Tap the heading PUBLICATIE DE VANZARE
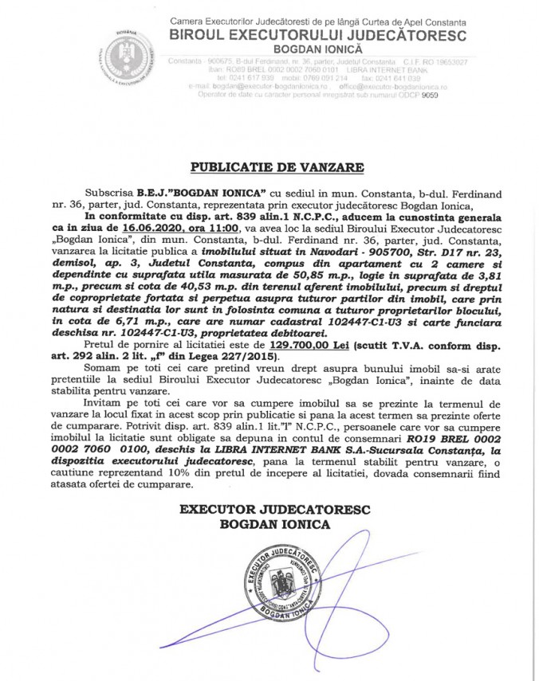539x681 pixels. tap(276, 168)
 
